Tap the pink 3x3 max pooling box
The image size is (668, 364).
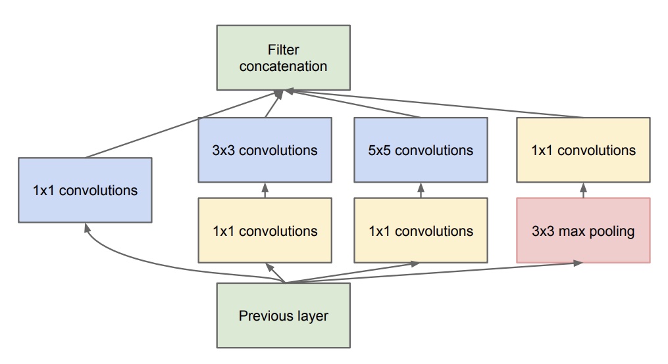click(x=583, y=231)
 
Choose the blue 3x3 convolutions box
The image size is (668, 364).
click(x=265, y=150)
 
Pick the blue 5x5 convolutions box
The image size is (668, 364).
click(x=421, y=150)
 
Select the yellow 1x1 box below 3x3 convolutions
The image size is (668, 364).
click(x=265, y=231)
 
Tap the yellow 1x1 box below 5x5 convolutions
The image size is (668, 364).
click(x=421, y=231)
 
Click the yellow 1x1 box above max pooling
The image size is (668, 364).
click(x=583, y=150)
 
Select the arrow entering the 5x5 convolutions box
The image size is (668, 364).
click(x=421, y=191)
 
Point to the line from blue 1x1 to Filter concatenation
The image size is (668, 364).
click(x=184, y=125)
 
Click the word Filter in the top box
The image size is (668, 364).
click(x=283, y=50)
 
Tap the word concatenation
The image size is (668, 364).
click(x=283, y=66)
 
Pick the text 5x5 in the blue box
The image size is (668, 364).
click(x=380, y=150)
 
